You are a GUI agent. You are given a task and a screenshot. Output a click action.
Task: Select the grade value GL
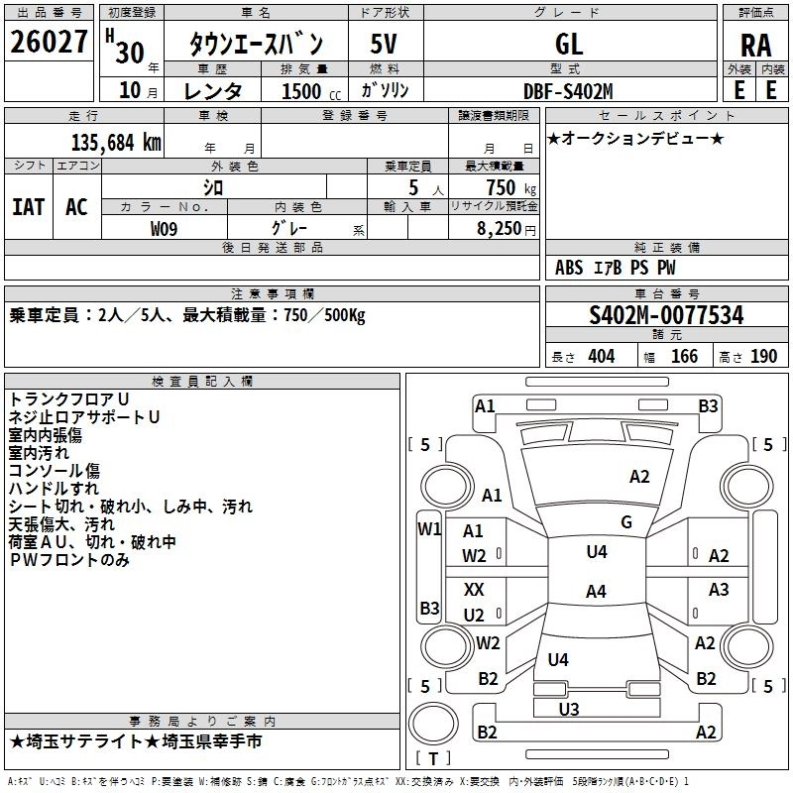569,44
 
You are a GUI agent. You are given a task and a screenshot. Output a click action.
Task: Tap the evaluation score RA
755,46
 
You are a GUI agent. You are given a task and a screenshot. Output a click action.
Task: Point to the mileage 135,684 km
116,142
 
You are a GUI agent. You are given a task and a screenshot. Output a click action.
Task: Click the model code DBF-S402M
569,91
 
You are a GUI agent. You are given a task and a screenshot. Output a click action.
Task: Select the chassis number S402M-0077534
666,315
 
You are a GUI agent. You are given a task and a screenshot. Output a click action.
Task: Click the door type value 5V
385,44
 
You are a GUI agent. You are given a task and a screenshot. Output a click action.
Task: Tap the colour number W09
165,228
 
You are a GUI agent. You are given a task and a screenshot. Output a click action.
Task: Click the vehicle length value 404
601,356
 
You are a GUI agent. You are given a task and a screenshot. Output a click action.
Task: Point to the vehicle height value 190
763,356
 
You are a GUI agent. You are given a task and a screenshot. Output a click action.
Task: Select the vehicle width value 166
684,356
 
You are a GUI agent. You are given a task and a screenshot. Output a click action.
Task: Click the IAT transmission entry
28,206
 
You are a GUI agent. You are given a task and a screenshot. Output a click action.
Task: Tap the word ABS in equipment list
569,268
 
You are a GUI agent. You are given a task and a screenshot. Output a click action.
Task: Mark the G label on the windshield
626,521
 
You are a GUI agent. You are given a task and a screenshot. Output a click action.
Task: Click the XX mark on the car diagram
474,589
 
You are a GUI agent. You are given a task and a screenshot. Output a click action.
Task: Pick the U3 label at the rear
569,708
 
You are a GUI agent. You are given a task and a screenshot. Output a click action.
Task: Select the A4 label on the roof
595,592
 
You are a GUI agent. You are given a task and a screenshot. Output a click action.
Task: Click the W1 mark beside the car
428,528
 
